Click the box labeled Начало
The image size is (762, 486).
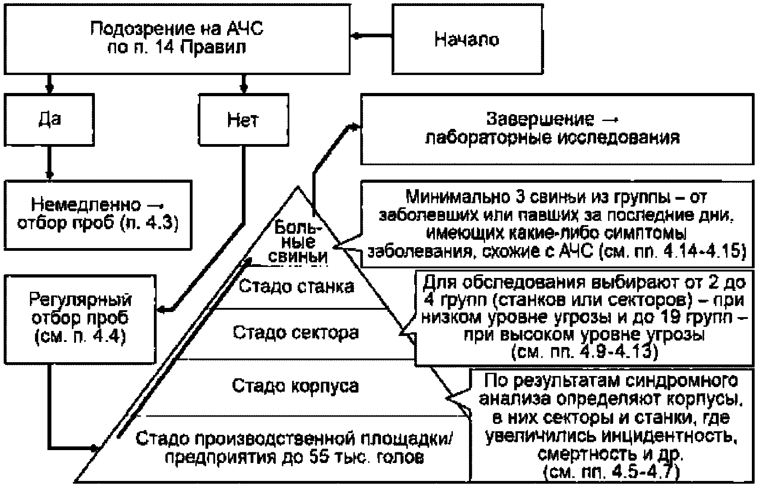point(468,39)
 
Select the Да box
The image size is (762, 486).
point(49,120)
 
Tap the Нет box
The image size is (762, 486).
point(244,120)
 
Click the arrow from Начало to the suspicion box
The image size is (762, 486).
point(371,35)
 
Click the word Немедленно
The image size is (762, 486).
point(86,205)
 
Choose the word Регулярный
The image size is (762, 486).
point(80,300)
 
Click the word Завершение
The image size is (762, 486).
point(540,119)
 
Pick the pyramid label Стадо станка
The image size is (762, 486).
point(296,286)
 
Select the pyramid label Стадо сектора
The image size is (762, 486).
point(296,333)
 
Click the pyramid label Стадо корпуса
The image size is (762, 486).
point(295,386)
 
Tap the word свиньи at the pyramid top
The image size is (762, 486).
point(298,257)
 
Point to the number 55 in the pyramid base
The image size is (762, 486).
point(319,457)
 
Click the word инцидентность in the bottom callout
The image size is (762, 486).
point(669,436)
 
